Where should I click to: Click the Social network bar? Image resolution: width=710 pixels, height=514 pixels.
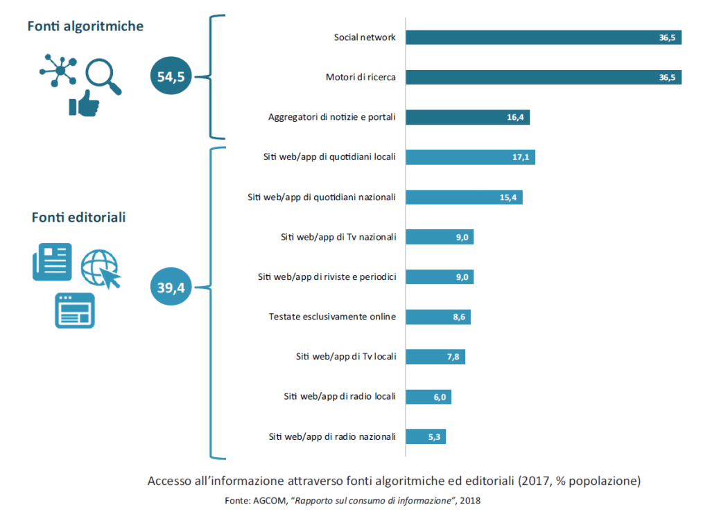tap(543, 37)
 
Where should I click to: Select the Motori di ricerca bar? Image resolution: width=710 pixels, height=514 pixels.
tap(543, 77)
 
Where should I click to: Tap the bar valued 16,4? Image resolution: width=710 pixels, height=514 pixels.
tap(467, 117)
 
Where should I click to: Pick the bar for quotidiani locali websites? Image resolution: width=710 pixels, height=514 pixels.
tap(470, 157)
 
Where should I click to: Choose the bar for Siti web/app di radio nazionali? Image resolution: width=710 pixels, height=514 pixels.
tap(426, 436)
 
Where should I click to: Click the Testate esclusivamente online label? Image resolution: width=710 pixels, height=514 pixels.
tap(332, 317)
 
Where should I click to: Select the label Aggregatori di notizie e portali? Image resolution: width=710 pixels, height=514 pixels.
tap(331, 117)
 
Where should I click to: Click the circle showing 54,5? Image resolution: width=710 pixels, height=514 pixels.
tap(171, 76)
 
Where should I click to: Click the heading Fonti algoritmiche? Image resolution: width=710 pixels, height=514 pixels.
tap(85, 26)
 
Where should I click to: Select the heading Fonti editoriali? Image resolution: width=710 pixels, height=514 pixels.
tap(78, 218)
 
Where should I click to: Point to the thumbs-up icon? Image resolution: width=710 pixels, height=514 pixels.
tap(84, 103)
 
